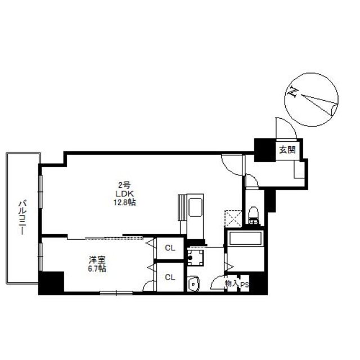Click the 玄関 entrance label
tap(287, 150)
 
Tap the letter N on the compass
tap(292, 92)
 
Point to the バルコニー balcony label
tap(22, 218)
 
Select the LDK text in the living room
tap(124, 193)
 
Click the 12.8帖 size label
tap(124, 202)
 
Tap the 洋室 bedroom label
tap(97, 260)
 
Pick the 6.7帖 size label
tap(97, 269)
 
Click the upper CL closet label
tap(170, 248)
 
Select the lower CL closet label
tap(170, 277)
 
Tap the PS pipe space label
tap(245, 285)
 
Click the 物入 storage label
tap(232, 283)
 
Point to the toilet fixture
tap(254, 215)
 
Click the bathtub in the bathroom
tap(245, 238)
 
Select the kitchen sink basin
tap(195, 208)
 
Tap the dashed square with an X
tap(233, 218)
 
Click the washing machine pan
tap(195, 258)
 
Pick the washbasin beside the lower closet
tap(193, 283)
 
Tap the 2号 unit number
tap(124, 185)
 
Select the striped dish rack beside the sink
tap(182, 208)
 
